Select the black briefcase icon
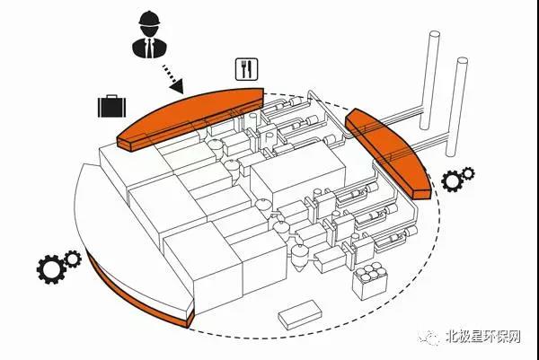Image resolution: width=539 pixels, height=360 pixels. (111, 108)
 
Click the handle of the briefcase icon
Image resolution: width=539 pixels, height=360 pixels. (111, 97)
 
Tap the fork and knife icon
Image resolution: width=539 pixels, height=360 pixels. (245, 68)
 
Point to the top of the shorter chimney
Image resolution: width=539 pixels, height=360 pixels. (462, 64)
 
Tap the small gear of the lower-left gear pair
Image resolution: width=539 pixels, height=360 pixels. (72, 260)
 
